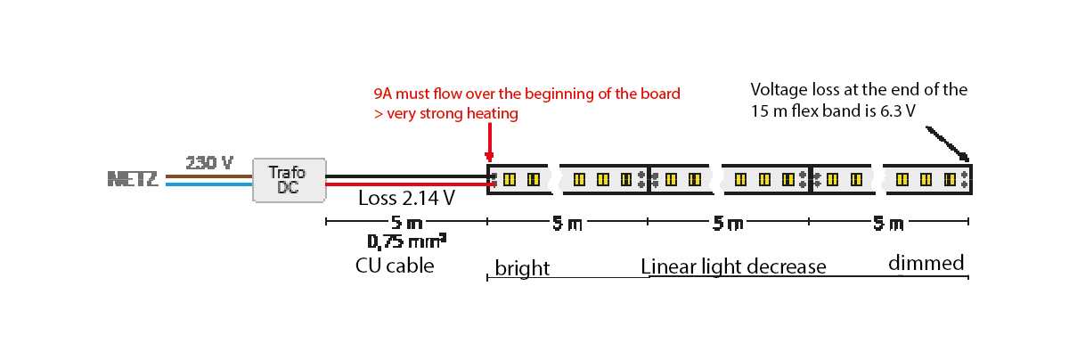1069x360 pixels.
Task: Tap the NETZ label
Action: [x=133, y=179]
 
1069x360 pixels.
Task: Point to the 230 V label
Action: [x=209, y=162]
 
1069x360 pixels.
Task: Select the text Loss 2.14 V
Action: [x=406, y=199]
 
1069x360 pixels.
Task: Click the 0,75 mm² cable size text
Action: [x=406, y=241]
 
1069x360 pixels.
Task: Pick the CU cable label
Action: [x=395, y=265]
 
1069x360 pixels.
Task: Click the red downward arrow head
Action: [x=489, y=158]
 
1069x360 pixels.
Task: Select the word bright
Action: [x=522, y=268]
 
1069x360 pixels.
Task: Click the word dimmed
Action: [x=926, y=264]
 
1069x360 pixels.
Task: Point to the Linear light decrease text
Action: [x=733, y=266]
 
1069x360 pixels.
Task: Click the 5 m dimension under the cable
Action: [x=406, y=223]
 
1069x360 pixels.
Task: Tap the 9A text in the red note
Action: [x=383, y=94]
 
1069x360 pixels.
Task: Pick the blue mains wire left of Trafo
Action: [x=209, y=184]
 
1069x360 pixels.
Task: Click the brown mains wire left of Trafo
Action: [x=209, y=176]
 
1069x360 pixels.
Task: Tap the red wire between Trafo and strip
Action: [x=406, y=185]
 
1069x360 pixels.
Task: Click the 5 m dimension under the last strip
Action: [x=888, y=223]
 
